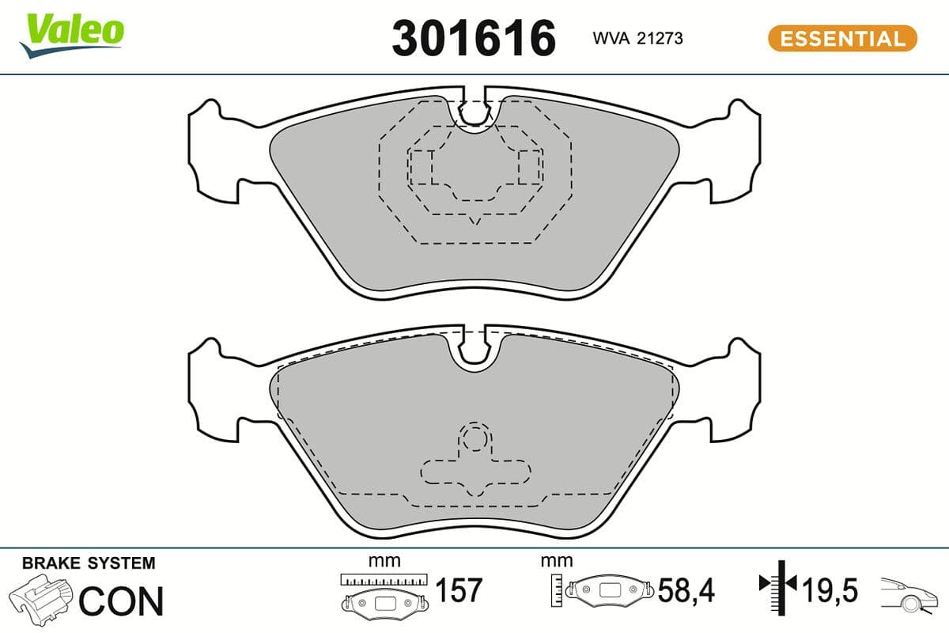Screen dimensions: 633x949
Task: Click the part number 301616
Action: (x=474, y=38)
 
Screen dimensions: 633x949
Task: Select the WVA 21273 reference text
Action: (x=637, y=38)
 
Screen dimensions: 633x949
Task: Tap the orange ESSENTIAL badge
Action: (x=842, y=38)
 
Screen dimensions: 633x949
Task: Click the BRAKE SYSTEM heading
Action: (x=89, y=563)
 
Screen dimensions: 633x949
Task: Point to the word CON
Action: (x=121, y=601)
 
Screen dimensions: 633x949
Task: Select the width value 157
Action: (x=459, y=590)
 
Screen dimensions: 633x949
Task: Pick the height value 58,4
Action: (x=686, y=590)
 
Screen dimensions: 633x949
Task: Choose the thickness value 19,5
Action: (x=830, y=590)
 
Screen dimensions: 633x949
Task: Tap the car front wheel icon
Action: (x=909, y=597)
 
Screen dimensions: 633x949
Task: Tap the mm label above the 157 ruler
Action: (x=384, y=561)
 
